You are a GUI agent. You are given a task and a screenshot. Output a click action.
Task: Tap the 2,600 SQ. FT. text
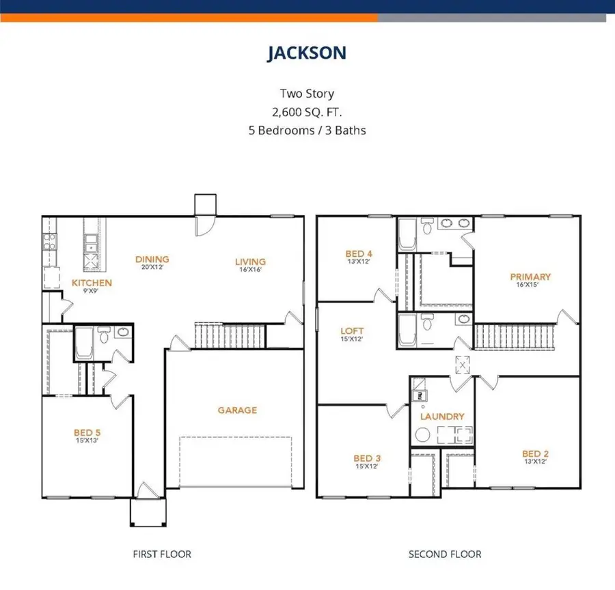pyautogui.click(x=307, y=111)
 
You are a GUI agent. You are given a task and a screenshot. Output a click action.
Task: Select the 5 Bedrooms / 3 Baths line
pyautogui.click(x=307, y=130)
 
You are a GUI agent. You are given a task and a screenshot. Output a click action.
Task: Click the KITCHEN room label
pyautogui.click(x=92, y=283)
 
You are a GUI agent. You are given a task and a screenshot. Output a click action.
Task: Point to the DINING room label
pyautogui.click(x=152, y=259)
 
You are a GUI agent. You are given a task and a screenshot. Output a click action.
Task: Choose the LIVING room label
pyautogui.click(x=250, y=262)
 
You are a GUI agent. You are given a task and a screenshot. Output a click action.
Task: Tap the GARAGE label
pyautogui.click(x=237, y=410)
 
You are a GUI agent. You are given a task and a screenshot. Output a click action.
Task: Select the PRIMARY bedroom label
pyautogui.click(x=530, y=277)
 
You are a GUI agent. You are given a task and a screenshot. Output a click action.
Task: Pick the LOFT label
pyautogui.click(x=352, y=331)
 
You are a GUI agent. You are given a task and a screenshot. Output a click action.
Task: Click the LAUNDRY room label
pyautogui.click(x=442, y=417)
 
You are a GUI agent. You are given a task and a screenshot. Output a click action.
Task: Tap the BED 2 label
pyautogui.click(x=536, y=453)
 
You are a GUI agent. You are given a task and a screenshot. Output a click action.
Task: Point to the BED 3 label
pyautogui.click(x=363, y=458)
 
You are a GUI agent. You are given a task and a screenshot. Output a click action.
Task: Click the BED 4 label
pyautogui.click(x=359, y=254)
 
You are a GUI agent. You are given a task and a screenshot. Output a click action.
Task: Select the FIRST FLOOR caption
pyautogui.click(x=162, y=554)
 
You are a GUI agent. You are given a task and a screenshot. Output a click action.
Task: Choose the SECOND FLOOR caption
pyautogui.click(x=445, y=554)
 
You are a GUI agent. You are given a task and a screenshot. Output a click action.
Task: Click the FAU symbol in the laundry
pyautogui.click(x=418, y=394)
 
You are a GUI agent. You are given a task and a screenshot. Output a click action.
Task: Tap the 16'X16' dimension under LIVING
pyautogui.click(x=250, y=270)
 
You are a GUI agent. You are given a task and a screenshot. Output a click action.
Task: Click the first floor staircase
pyautogui.click(x=229, y=335)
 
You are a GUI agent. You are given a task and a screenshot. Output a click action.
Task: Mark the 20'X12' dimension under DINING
pyautogui.click(x=152, y=268)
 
